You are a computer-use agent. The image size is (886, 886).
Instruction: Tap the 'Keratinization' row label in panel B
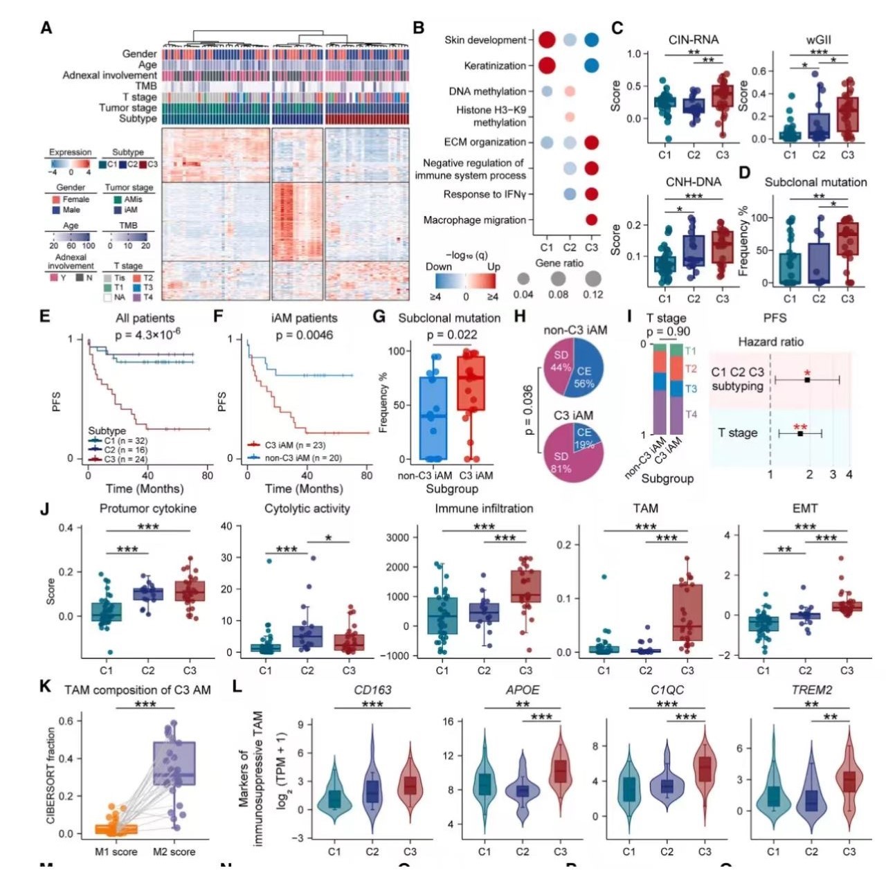click(x=495, y=66)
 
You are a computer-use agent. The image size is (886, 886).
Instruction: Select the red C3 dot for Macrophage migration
click(x=591, y=220)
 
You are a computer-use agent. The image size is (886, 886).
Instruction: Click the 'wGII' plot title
click(x=818, y=39)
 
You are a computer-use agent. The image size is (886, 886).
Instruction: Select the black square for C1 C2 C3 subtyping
click(x=807, y=379)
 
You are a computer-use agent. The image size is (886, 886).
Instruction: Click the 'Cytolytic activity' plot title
click(x=307, y=509)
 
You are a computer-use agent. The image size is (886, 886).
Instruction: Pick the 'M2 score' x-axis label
click(x=174, y=851)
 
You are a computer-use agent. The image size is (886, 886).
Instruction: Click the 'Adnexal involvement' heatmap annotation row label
click(x=109, y=75)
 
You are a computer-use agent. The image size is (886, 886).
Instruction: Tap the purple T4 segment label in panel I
click(x=691, y=414)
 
